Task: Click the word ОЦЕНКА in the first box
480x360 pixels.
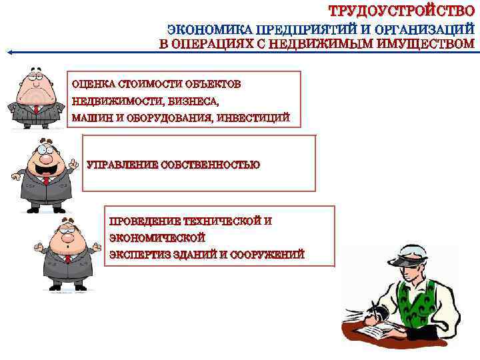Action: coord(92,85)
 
